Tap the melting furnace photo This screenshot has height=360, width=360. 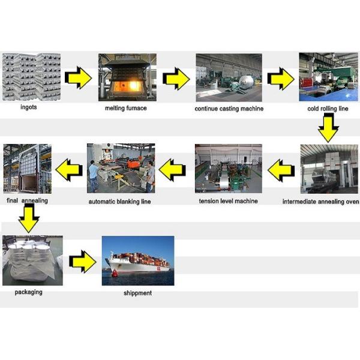click(127, 77)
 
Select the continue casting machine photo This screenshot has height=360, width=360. click(229, 77)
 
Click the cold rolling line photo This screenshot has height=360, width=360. click(328, 77)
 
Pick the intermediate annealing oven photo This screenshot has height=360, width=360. click(329, 169)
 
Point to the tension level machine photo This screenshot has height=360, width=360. click(228, 169)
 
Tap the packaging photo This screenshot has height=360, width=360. click(32, 260)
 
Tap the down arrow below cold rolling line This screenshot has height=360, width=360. click(328, 128)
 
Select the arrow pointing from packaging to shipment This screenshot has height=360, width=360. click(82, 262)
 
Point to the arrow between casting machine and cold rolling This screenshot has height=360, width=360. click(280, 78)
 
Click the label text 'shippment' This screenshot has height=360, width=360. click(137, 293)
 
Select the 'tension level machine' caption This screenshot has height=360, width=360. click(228, 200)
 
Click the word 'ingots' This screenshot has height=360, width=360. click(28, 109)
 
